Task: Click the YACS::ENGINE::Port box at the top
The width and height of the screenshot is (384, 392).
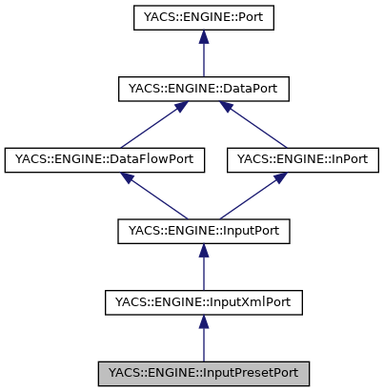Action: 203,17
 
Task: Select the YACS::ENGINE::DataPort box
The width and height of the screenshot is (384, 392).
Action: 203,89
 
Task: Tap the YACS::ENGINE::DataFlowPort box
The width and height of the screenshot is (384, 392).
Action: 105,159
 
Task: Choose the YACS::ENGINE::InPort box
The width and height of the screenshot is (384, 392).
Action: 301,159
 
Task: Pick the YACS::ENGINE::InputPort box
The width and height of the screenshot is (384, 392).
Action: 203,231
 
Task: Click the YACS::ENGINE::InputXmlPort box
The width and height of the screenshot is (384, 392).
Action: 203,302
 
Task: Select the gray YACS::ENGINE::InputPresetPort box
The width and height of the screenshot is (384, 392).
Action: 203,373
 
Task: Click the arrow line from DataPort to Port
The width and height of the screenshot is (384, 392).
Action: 203,57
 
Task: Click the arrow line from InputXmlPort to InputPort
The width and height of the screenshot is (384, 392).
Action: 203,271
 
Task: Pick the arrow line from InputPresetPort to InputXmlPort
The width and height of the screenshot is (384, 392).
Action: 203,342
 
